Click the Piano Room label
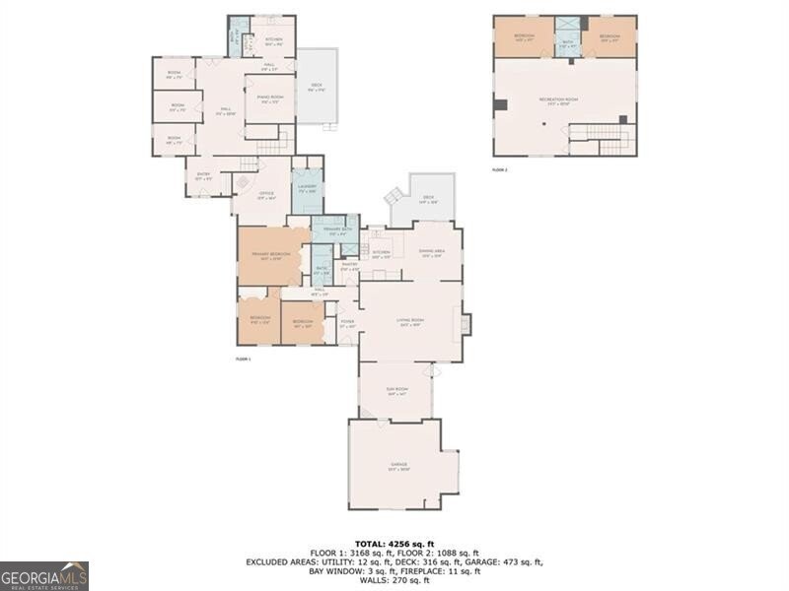(x=269, y=98)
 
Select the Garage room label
(x=398, y=466)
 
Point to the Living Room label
(x=410, y=322)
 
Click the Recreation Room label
(x=559, y=101)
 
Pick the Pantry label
(x=349, y=266)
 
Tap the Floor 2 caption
(x=500, y=170)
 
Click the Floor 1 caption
(x=244, y=360)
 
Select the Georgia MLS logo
(x=44, y=575)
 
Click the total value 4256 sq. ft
(x=394, y=544)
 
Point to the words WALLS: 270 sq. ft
(x=394, y=580)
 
